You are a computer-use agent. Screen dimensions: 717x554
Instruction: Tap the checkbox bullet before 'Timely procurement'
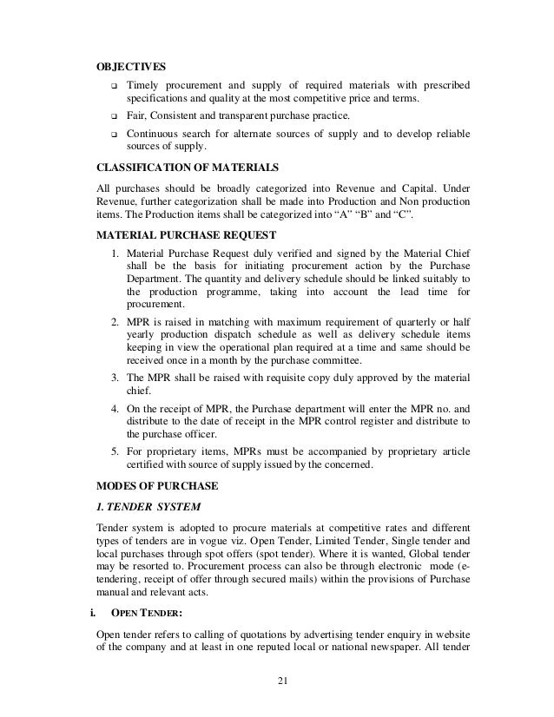[114, 87]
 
